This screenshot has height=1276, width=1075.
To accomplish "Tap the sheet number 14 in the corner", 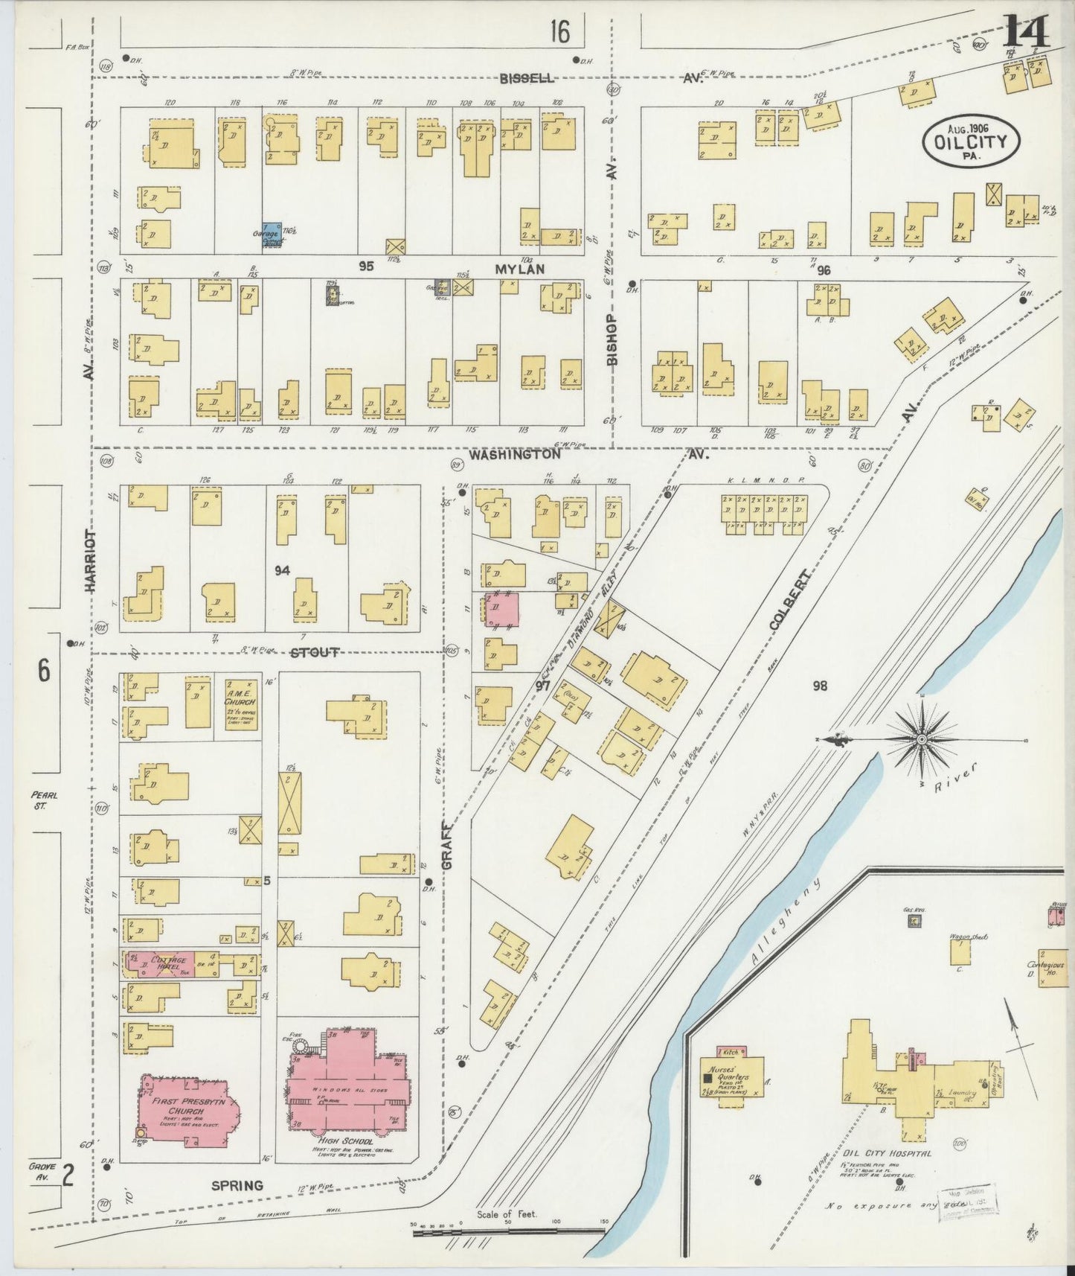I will pos(1027,31).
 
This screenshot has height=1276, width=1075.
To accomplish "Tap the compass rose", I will pos(921,739).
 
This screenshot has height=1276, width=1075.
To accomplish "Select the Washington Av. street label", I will pos(515,454).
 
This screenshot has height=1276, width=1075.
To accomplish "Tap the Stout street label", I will pos(314,653).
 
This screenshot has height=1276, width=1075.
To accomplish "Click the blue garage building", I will pos(272,234).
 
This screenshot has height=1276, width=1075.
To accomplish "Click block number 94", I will pos(282,571).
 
